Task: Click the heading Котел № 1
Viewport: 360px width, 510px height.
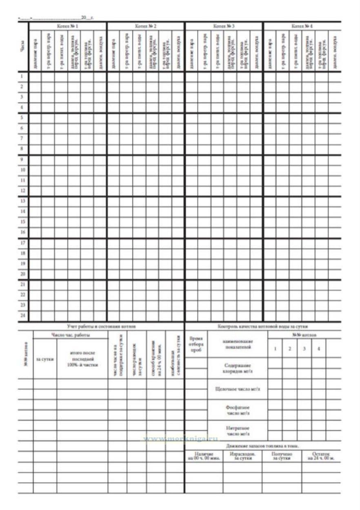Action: coord(68,26)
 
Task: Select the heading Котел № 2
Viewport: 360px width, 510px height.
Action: coord(146,26)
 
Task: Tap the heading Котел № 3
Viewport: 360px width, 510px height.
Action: coord(224,26)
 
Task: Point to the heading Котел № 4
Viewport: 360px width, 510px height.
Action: coord(302,26)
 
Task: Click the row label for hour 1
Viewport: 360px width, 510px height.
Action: coord(23,76)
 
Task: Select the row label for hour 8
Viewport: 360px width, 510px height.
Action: coord(23,149)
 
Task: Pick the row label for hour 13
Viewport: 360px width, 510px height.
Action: coord(23,201)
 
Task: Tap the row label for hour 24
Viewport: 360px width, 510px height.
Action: coord(23,315)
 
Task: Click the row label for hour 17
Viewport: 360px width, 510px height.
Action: coord(23,243)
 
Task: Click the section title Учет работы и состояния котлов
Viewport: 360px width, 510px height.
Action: coord(101,326)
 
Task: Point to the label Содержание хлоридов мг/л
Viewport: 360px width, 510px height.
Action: coord(238,368)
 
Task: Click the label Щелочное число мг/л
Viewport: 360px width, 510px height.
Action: coord(238,389)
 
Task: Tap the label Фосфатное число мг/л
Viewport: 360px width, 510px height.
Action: coord(238,410)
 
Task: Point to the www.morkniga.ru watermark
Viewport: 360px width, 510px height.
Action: coord(180,439)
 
